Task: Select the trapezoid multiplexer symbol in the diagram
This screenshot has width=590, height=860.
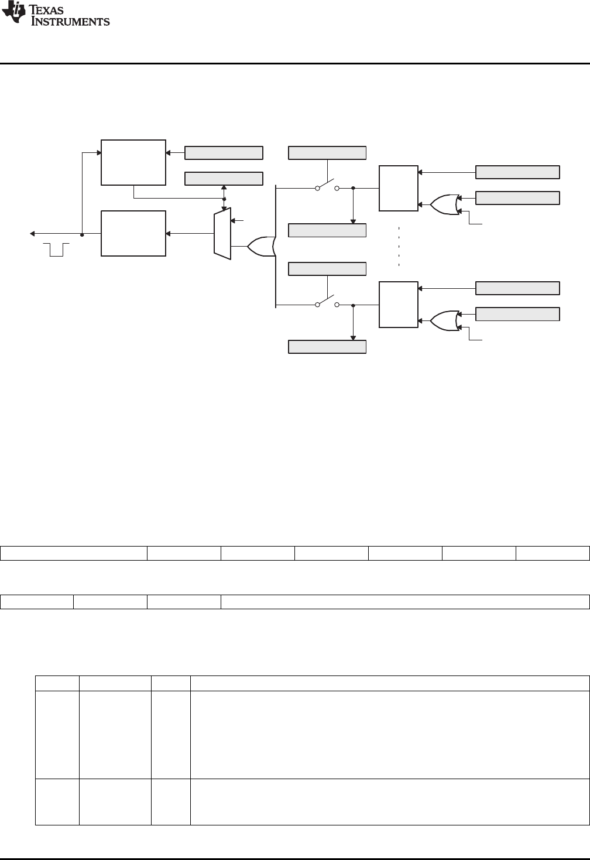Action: coord(222,233)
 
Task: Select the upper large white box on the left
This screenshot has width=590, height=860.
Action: coord(133,162)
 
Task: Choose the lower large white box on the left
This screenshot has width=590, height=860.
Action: coord(133,233)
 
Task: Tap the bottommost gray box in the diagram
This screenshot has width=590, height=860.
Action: coord(327,347)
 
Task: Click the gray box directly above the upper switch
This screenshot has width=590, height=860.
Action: coord(327,153)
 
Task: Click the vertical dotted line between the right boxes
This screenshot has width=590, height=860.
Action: coord(399,246)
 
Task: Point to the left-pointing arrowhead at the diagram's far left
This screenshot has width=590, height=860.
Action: coord(33,234)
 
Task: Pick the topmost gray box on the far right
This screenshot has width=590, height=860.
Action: coord(517,172)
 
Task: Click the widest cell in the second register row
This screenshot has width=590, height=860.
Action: coord(404,602)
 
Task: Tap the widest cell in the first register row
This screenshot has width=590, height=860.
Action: coord(73,553)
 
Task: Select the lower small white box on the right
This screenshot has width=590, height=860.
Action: coord(398,305)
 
